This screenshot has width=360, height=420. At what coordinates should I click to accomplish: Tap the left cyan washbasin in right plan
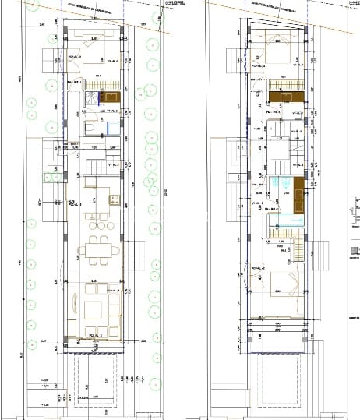(277, 182)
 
